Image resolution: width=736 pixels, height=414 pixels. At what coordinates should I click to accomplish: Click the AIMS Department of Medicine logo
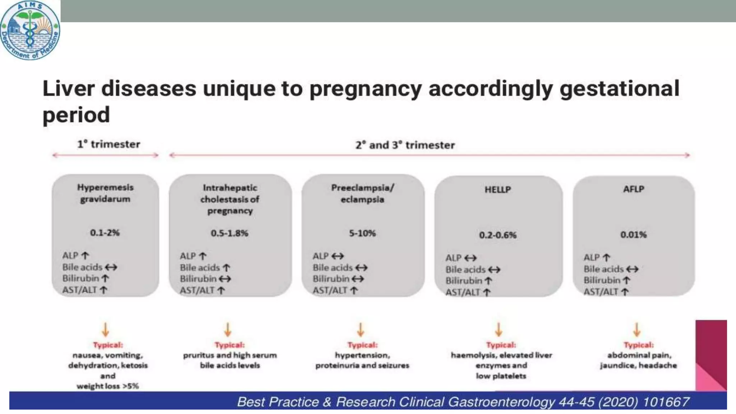(30, 30)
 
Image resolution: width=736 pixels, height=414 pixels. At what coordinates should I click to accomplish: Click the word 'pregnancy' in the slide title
(365, 89)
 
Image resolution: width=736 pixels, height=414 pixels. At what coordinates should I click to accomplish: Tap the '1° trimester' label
(109, 144)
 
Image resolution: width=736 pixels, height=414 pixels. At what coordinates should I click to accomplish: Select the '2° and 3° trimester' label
(405, 145)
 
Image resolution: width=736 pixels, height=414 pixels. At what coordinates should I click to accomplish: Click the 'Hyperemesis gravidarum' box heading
(105, 193)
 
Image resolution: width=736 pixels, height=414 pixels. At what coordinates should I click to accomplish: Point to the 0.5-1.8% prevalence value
(229, 233)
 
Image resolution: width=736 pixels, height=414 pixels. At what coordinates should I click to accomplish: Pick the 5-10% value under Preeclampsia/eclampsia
(362, 233)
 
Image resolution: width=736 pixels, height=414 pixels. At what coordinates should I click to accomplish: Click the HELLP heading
(498, 189)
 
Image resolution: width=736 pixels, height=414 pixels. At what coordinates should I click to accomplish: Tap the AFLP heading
(634, 189)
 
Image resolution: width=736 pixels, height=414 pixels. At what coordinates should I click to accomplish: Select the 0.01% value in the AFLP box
(633, 235)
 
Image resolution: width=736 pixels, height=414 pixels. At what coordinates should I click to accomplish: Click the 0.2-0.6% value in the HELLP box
(498, 235)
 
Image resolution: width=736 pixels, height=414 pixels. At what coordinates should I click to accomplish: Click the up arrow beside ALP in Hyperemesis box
(85, 256)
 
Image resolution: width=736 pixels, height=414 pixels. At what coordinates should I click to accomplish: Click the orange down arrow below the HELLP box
(498, 329)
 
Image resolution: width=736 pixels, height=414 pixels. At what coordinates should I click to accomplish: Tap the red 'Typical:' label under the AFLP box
(639, 345)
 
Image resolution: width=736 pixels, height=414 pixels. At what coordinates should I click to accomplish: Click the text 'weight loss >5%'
(107, 386)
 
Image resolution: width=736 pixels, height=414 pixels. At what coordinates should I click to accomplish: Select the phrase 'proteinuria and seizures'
(362, 365)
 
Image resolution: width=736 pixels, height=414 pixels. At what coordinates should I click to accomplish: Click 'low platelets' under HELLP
(501, 376)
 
